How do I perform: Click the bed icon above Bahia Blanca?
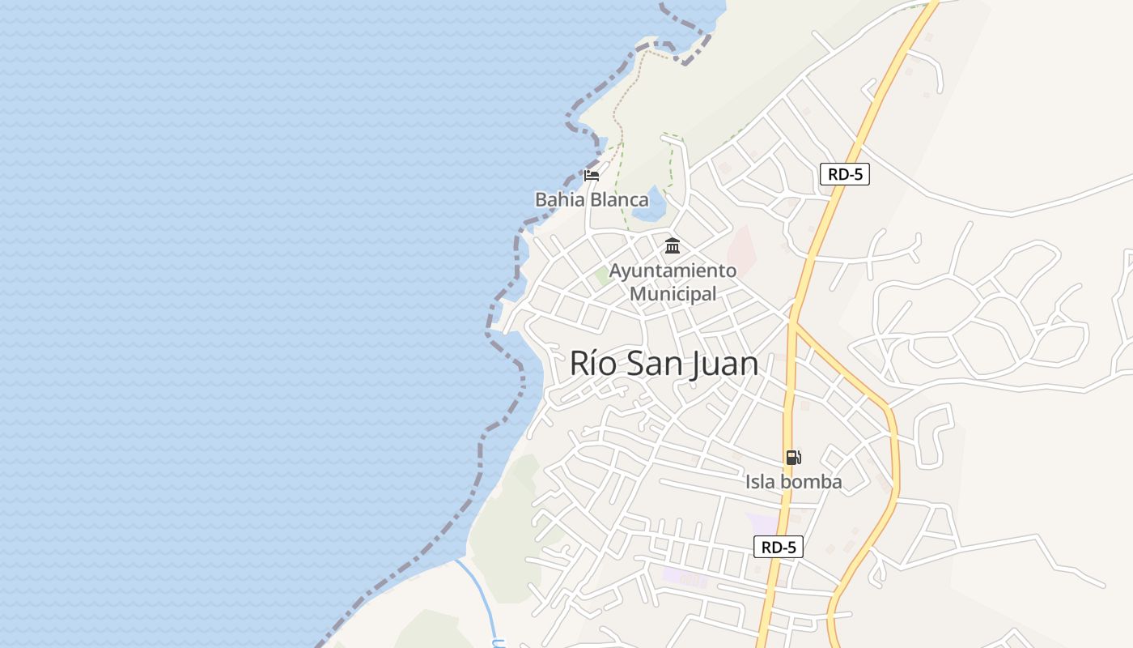[592, 174]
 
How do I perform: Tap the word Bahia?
[558, 199]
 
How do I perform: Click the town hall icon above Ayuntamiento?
[673, 245]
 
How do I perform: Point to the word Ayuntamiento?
[673, 271]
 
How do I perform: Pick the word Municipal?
[673, 293]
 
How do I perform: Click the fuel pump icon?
[793, 458]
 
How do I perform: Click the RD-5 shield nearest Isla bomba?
[779, 547]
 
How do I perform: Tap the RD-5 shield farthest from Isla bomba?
[844, 174]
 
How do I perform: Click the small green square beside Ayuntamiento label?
[603, 276]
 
